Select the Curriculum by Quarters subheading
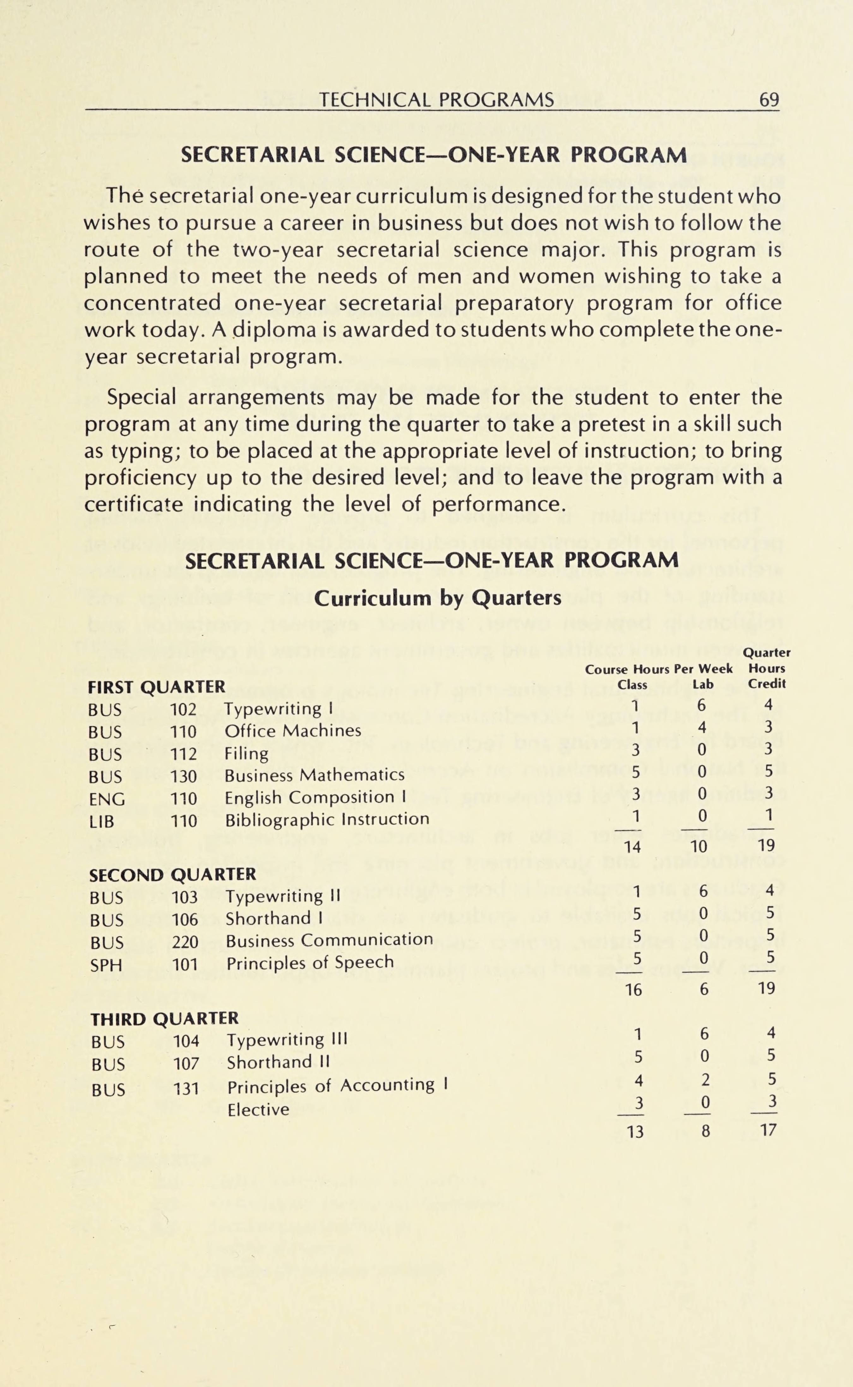coord(437,598)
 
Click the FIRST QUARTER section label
coord(156,687)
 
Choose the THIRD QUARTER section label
coord(164,1019)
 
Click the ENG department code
coord(107,799)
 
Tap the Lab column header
coord(703,684)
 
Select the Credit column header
coord(767,684)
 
